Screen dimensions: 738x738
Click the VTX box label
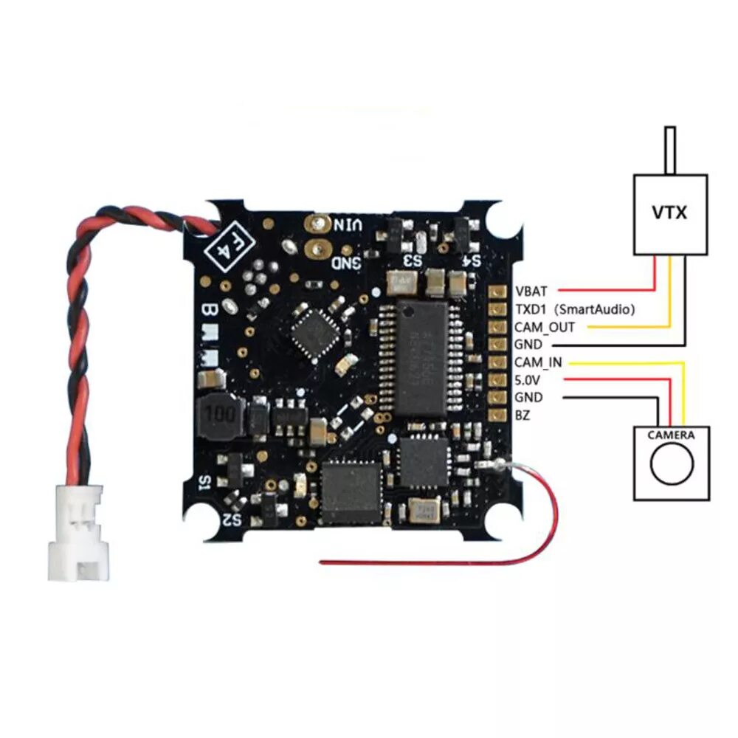(x=670, y=213)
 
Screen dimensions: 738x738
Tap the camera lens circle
(x=672, y=463)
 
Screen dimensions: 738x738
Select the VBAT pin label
(x=531, y=291)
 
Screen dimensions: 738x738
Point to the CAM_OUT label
(x=545, y=327)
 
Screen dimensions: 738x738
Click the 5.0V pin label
(x=529, y=380)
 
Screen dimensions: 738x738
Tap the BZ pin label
(x=523, y=415)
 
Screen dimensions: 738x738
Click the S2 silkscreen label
(x=232, y=517)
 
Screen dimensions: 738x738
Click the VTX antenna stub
(x=670, y=151)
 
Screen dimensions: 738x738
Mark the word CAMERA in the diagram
(x=671, y=435)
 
